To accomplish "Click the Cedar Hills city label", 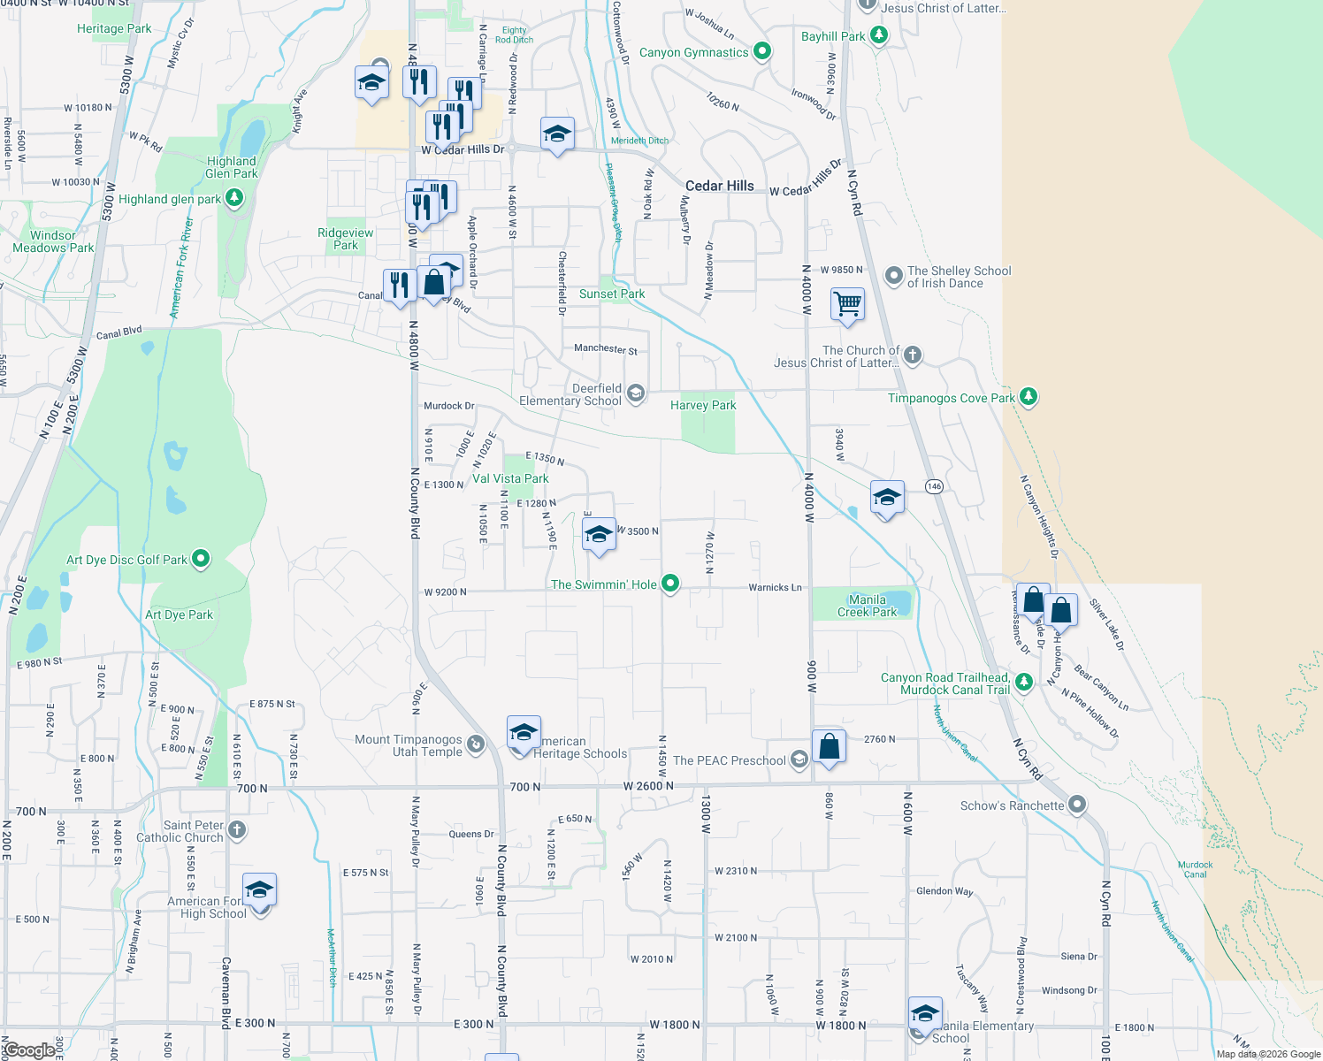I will coord(720,186).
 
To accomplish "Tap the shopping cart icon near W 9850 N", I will coord(847,304).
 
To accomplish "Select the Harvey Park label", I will coord(703,405).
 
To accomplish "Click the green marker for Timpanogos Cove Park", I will coord(1028,397).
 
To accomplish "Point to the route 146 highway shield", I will coord(934,486).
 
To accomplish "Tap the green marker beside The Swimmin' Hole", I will coord(670,584).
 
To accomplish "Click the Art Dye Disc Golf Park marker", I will coord(201,559).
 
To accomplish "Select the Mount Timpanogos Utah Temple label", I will coord(409,745).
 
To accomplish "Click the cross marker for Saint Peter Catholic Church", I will coord(236,829).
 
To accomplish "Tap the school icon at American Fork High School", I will coord(259,890).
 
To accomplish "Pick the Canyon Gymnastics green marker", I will coord(761,52).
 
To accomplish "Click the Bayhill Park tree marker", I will coord(878,35).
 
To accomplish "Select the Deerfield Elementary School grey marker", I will coord(635,393).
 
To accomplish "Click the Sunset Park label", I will coord(612,294).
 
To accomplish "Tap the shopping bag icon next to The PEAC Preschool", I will coord(830,747).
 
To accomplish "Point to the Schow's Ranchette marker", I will coord(1077,805).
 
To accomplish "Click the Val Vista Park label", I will coord(510,478).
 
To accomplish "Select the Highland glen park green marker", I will coord(233,198).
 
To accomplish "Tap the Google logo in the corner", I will coord(29,1050).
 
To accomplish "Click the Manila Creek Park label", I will coord(867,606).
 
